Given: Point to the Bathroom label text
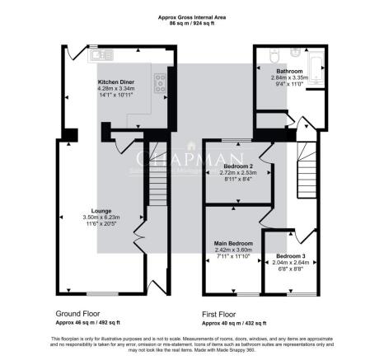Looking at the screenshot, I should tap(288, 72).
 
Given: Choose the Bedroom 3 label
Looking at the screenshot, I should tap(289, 256).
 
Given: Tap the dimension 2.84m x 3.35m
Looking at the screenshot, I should tap(288, 77).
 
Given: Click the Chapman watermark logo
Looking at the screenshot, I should tap(191, 160).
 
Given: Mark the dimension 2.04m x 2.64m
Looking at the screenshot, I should tap(289, 262).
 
